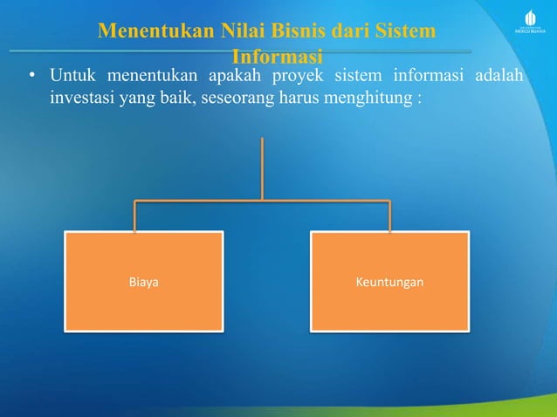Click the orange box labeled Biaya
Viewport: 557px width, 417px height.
[143, 281]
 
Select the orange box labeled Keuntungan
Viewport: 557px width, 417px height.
[389, 281]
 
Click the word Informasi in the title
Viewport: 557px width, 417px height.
[278, 56]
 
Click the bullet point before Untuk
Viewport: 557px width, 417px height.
[31, 76]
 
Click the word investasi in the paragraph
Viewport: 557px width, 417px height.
[80, 97]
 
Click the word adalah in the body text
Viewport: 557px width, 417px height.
[499, 75]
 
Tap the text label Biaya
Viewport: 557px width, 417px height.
[143, 283]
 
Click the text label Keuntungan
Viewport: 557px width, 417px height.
[389, 283]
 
